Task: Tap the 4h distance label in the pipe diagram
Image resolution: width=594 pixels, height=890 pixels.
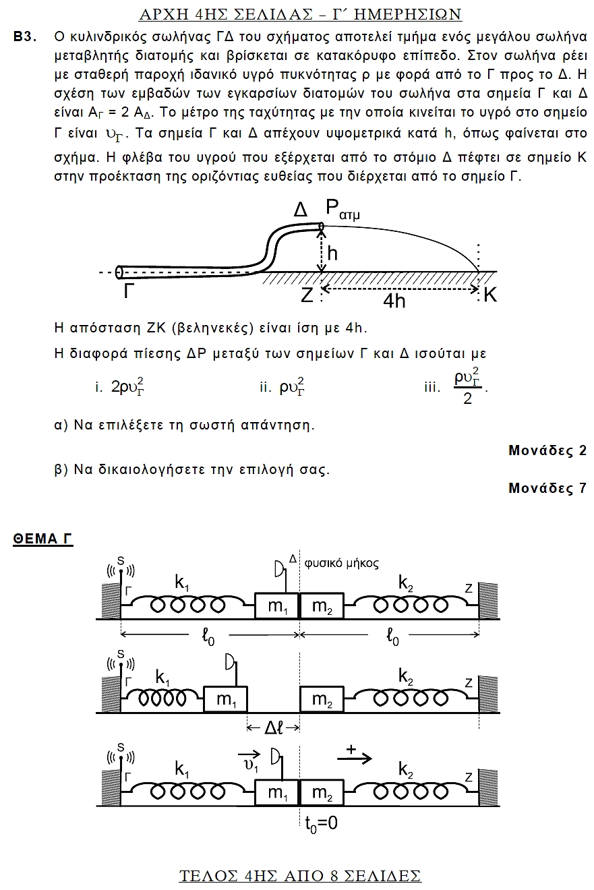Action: (394, 300)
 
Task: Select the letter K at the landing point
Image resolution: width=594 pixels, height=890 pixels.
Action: (490, 295)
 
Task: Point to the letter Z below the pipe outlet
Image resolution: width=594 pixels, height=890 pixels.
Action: (307, 295)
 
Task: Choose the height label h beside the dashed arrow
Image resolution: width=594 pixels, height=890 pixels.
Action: (332, 253)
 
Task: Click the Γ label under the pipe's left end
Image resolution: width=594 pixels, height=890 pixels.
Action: (130, 291)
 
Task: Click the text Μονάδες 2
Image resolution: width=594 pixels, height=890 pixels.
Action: (547, 450)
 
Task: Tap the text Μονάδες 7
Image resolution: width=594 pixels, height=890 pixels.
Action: (547, 488)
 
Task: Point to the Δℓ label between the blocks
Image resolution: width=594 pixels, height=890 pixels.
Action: (274, 728)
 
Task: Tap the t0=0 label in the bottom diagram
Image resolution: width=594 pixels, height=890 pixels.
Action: (320, 823)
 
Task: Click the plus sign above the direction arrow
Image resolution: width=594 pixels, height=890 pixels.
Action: (351, 749)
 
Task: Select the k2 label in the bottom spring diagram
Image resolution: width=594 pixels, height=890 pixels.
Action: (406, 769)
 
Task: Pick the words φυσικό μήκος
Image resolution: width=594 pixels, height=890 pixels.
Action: (341, 562)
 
